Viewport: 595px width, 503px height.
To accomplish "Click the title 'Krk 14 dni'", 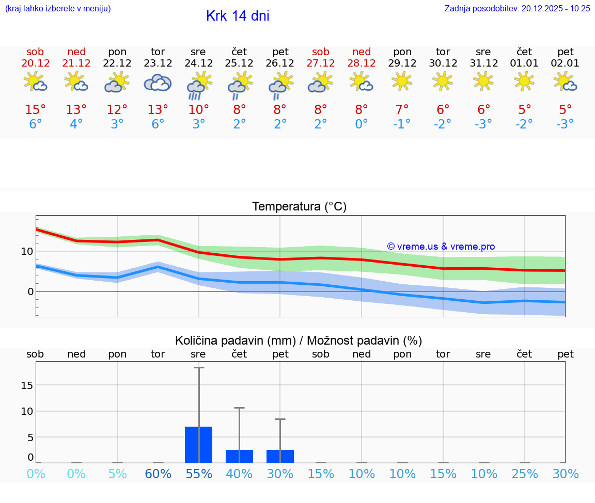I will click(x=238, y=16).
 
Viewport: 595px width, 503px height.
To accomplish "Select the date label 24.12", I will click(x=198, y=63).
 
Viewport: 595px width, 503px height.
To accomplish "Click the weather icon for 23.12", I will click(x=158, y=83).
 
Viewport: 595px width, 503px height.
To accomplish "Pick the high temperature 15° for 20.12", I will click(x=36, y=110).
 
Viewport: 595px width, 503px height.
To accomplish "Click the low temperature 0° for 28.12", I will click(x=362, y=124).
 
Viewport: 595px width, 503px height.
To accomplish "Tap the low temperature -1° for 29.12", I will click(x=402, y=124).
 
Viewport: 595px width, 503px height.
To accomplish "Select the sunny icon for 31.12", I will click(x=483, y=81).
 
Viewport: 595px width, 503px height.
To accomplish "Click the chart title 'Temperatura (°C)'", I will click(x=299, y=207).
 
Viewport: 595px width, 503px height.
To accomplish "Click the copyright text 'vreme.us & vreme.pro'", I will click(x=441, y=247).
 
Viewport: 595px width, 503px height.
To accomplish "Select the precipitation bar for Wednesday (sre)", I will click(x=198, y=444).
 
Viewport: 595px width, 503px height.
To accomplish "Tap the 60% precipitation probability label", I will click(x=158, y=474).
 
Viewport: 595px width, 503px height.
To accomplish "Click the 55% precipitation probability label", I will click(x=198, y=474).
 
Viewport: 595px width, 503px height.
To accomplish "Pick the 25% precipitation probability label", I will click(x=525, y=474).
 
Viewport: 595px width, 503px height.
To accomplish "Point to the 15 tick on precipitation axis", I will click(x=27, y=385).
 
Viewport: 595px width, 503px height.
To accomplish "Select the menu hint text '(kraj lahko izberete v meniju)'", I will click(x=58, y=8).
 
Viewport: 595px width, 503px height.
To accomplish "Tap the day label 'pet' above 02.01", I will click(x=566, y=52).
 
